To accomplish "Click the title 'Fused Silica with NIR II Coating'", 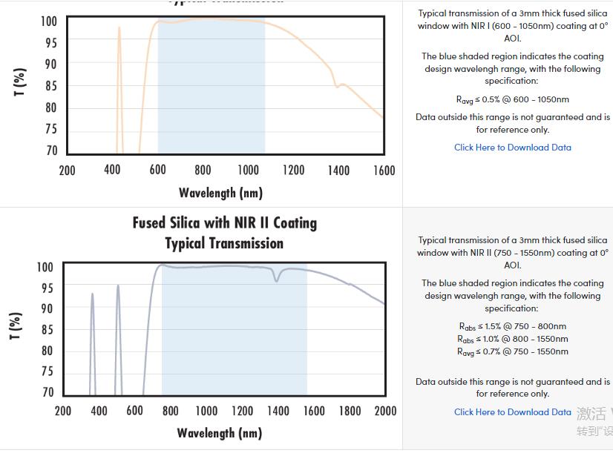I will point(224,223).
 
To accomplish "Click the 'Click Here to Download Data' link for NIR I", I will point(512,148).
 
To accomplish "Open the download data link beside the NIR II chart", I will point(512,412).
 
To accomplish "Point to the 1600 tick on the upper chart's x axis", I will point(383,171).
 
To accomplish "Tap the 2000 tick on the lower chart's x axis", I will point(385,411).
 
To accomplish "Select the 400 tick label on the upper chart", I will point(112,171).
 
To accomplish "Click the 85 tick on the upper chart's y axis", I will point(49,86).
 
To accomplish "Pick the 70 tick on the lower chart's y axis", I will point(47,392).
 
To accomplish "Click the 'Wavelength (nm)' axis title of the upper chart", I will point(220,194).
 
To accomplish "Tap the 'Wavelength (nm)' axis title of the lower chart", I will point(219,433).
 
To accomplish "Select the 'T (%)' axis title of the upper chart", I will point(21,82).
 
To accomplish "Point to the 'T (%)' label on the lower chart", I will point(16,326).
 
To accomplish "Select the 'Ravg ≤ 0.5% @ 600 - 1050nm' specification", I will point(512,99).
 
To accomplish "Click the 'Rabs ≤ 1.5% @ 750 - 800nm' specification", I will point(512,326).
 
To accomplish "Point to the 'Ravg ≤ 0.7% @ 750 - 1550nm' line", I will point(512,351).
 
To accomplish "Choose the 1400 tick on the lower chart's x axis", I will point(278,411).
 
